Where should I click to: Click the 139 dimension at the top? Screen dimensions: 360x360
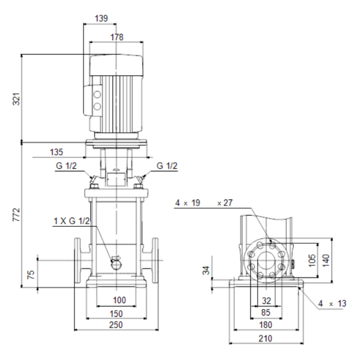(101, 18)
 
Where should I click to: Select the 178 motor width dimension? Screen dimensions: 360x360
(117, 37)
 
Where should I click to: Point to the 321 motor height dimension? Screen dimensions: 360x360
(16, 99)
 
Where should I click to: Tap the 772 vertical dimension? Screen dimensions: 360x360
(16, 214)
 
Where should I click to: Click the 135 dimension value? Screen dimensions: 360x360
(56, 152)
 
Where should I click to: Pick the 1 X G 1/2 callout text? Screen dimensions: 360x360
(71, 221)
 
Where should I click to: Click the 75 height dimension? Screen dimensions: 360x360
(31, 275)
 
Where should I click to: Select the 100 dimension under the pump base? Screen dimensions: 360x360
(119, 300)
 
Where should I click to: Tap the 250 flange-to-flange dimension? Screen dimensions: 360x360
(116, 325)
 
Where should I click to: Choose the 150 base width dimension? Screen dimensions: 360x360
(116, 313)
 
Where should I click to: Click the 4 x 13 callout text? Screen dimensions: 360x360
(332, 303)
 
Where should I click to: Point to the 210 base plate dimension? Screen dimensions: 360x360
(265, 338)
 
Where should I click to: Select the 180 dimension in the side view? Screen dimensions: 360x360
(265, 325)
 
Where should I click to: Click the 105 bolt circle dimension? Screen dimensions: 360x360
(312, 260)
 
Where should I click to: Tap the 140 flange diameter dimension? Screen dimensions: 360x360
(326, 260)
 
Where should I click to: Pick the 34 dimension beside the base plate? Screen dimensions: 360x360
(206, 270)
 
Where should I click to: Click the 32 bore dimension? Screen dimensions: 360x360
(266, 301)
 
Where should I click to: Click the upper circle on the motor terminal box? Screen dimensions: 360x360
(97, 94)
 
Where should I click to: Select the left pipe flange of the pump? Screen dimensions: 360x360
(77, 260)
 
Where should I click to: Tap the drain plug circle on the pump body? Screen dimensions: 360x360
(116, 265)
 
